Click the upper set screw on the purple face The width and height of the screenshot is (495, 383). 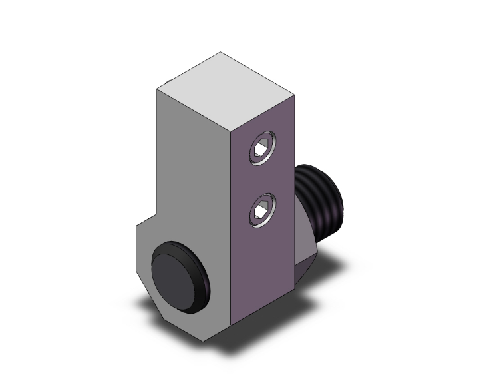[x=261, y=148]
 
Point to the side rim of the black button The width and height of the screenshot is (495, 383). [x=202, y=283]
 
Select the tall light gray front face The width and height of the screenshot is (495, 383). [x=193, y=167]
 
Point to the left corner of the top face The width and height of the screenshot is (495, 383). [x=157, y=88]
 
